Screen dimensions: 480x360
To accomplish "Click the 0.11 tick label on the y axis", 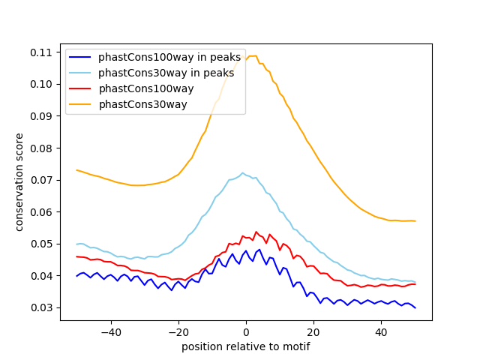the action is [x=41, y=52].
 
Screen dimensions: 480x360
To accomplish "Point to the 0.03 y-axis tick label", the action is [x=41, y=307].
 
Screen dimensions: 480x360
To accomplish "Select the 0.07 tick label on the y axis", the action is [x=41, y=180].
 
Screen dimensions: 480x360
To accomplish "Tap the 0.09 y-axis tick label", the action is [x=41, y=116].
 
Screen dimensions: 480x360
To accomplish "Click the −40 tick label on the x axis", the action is [x=111, y=332].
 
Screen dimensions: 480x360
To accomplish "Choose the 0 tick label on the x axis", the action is [x=246, y=332].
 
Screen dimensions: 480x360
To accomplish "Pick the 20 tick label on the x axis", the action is [x=313, y=332].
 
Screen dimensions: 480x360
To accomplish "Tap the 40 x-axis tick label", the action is [x=381, y=332].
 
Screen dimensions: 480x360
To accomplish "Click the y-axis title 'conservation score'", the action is [x=19, y=182].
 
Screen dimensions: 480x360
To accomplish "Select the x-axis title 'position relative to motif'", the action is [x=246, y=346].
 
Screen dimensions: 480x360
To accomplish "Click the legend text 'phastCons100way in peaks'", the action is [x=169, y=57].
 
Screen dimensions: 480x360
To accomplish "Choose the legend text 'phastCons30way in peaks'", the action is [x=166, y=73].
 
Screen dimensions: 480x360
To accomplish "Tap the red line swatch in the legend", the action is [x=80, y=88].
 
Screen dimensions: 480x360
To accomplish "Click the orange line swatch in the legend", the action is [x=80, y=104].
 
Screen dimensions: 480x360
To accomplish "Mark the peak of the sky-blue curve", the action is [x=243, y=173].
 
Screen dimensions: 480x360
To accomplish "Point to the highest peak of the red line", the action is [x=256, y=232].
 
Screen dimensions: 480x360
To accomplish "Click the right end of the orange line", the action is [x=415, y=221].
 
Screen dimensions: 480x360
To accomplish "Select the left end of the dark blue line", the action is [x=76, y=276].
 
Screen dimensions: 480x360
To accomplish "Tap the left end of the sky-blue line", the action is [x=76, y=244].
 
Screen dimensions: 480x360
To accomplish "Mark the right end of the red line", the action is [x=415, y=284].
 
